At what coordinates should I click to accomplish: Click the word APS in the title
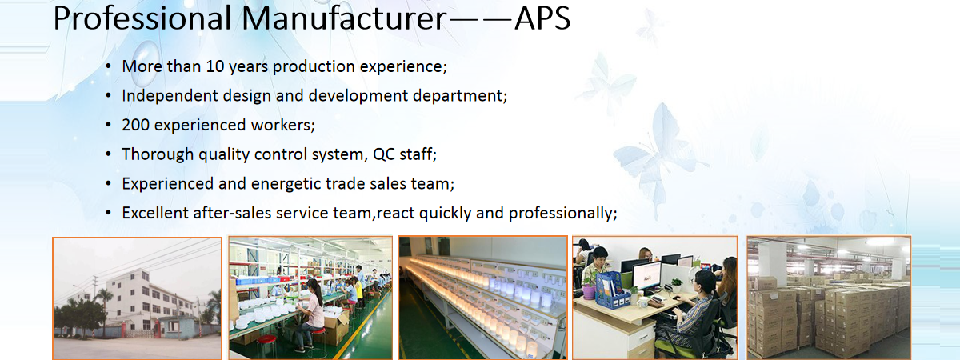point(542,18)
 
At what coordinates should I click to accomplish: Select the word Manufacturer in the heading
point(345,18)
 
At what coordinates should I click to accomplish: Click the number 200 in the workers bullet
point(135,125)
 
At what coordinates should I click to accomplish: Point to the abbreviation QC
point(383,154)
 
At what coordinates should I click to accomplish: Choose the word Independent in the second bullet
point(170,95)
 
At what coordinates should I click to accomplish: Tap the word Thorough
point(158,154)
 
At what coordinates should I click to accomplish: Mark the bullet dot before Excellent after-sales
point(109,213)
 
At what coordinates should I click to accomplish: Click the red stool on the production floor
point(266,346)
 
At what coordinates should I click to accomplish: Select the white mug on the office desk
point(642,302)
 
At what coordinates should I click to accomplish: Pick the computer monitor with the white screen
point(646,277)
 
